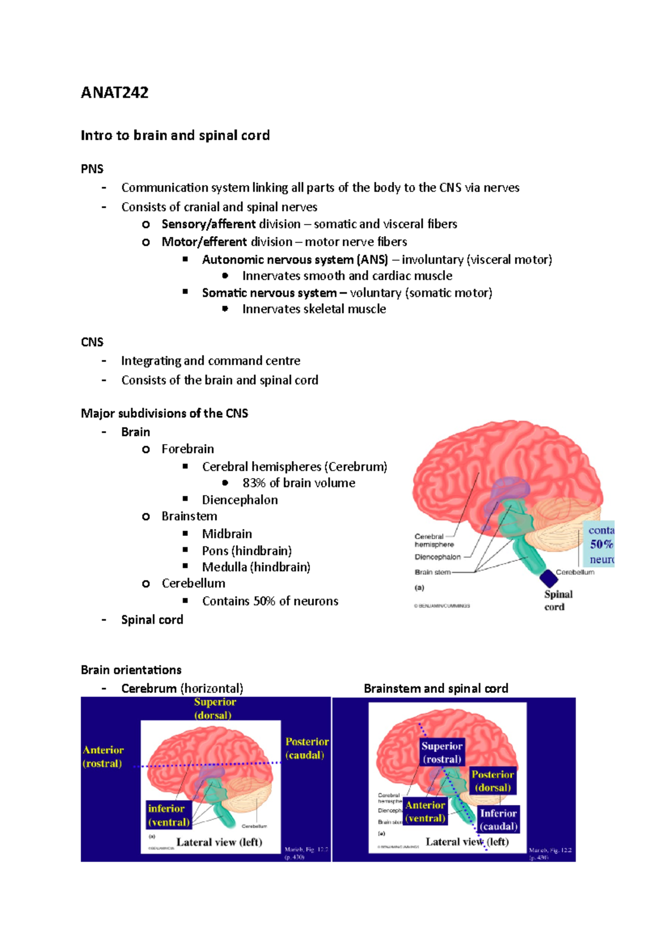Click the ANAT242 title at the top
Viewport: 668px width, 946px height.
click(x=115, y=92)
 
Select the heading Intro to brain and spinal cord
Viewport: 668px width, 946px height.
click(x=175, y=135)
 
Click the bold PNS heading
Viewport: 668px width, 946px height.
click(x=92, y=169)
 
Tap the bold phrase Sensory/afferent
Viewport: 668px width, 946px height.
click(x=208, y=224)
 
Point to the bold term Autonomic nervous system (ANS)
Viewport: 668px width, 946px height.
click(x=294, y=260)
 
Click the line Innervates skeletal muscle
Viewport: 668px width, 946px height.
click(x=314, y=309)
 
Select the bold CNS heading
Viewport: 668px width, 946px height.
click(x=92, y=342)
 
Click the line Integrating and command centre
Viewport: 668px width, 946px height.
click(x=210, y=361)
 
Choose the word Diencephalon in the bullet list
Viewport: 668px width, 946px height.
click(x=239, y=500)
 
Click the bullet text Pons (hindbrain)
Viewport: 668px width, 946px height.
click(x=247, y=550)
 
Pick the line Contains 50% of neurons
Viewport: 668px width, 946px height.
click(x=270, y=601)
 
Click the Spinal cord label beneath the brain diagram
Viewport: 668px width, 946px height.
click(x=558, y=601)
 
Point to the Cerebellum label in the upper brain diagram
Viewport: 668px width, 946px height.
click(x=575, y=572)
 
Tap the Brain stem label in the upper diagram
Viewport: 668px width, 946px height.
click(x=432, y=572)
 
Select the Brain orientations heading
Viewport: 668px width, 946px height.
click(x=131, y=670)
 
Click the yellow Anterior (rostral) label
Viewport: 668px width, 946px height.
click(x=103, y=757)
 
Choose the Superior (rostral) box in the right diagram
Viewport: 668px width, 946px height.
click(x=441, y=752)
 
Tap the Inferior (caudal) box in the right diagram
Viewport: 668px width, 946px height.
click(x=498, y=820)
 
